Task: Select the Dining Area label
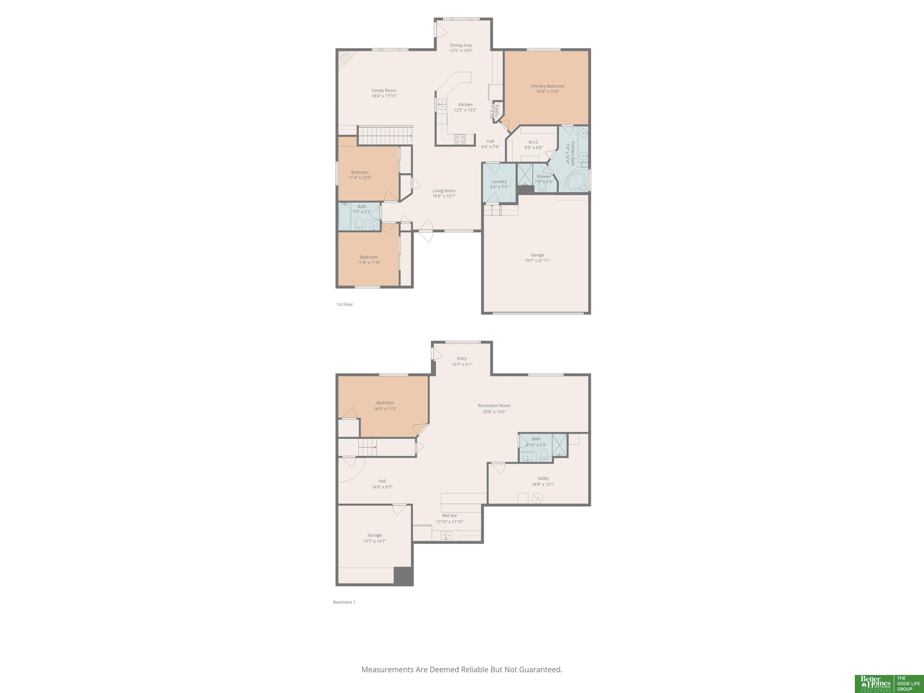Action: (461, 45)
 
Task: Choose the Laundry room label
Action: (499, 181)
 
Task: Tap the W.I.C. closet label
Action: (533, 142)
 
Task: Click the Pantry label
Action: (497, 110)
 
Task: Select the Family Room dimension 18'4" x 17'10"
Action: (384, 96)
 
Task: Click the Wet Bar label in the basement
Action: (449, 516)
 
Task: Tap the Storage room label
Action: (374, 535)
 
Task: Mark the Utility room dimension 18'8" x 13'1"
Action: (543, 485)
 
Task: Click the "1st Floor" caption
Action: (345, 304)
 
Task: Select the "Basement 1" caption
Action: (344, 602)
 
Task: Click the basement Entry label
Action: (462, 359)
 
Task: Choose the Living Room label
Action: (444, 190)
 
